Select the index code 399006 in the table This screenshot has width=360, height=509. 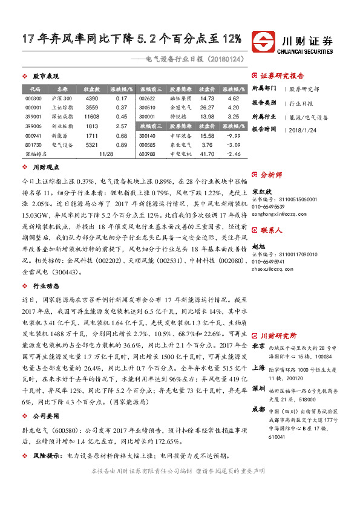point(34,126)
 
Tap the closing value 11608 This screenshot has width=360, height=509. point(92,116)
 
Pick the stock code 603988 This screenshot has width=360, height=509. point(147,154)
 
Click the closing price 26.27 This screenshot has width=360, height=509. point(207,107)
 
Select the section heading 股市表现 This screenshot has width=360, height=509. point(45,77)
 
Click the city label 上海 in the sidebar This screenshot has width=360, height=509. point(258,368)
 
